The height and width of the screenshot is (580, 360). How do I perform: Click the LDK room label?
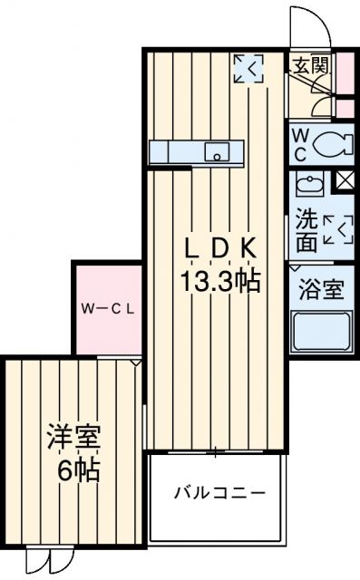pyautogui.click(x=223, y=248)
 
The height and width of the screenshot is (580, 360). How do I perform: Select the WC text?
pyautogui.click(x=301, y=142)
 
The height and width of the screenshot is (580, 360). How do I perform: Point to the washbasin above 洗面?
pyautogui.click(x=307, y=184)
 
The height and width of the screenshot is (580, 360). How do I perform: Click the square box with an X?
pyautogui.click(x=344, y=180)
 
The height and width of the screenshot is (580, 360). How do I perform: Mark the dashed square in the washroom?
pyautogui.click(x=336, y=230)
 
